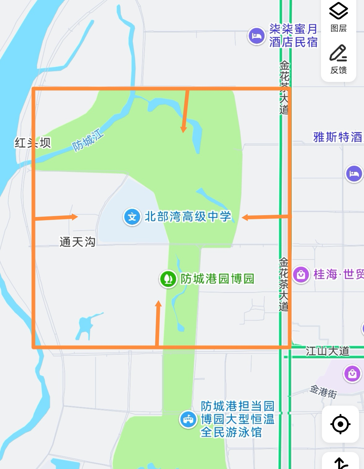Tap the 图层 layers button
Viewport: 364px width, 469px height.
click(x=338, y=17)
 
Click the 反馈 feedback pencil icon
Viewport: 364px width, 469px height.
click(x=338, y=59)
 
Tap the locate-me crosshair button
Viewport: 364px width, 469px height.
click(x=340, y=424)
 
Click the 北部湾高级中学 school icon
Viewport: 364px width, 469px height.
click(x=132, y=217)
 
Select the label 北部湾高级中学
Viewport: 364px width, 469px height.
click(x=188, y=217)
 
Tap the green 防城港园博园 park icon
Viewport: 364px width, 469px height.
click(x=168, y=279)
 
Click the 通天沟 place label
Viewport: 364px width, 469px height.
click(x=77, y=242)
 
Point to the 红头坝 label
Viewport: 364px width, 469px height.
click(x=32, y=143)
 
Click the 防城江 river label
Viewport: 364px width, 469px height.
click(x=88, y=141)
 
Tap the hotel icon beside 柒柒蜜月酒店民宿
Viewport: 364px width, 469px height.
click(x=256, y=36)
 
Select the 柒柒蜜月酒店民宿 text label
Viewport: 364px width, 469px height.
click(x=293, y=36)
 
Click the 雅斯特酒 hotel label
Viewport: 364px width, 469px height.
click(x=337, y=137)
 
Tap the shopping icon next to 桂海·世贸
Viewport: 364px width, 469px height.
click(x=301, y=275)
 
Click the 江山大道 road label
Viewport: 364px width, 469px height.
click(x=327, y=351)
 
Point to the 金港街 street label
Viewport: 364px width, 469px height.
click(x=323, y=392)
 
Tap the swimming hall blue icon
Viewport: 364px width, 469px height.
click(x=188, y=420)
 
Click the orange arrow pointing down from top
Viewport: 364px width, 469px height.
click(x=185, y=111)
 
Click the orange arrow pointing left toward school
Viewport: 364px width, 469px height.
click(x=266, y=217)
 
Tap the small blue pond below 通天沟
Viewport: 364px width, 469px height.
click(x=85, y=326)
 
